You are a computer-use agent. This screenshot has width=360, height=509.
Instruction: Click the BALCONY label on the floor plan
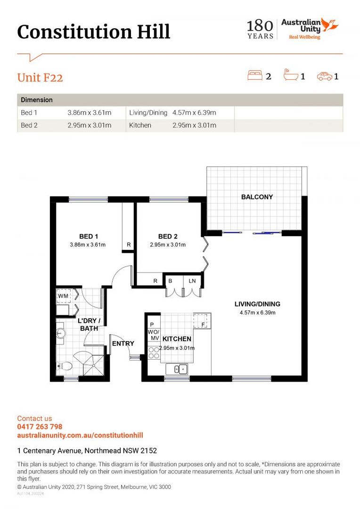257,197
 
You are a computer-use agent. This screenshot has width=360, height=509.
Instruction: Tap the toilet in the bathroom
65,366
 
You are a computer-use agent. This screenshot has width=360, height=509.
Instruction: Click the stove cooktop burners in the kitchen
154,353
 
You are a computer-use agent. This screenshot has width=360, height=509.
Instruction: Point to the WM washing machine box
63,296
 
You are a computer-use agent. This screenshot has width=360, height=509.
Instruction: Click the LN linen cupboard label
192,281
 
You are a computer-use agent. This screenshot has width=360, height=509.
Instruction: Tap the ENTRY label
123,344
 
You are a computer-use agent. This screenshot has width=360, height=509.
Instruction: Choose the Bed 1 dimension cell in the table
89,113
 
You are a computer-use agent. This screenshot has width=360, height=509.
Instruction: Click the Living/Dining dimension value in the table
194,113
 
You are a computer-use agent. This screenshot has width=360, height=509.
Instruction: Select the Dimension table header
37,99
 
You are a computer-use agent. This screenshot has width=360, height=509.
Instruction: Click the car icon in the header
325,76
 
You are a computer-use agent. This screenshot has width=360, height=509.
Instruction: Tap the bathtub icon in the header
291,75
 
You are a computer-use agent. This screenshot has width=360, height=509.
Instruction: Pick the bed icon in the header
255,75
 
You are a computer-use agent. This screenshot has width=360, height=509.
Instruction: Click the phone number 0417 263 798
40,427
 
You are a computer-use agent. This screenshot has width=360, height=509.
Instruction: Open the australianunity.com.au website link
80,435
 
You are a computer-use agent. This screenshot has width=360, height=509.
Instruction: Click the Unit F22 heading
40,78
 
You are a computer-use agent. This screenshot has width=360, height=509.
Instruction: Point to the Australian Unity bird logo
330,25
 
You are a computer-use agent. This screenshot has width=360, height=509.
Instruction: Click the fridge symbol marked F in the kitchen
202,321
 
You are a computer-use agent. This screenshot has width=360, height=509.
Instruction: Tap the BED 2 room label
168,236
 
